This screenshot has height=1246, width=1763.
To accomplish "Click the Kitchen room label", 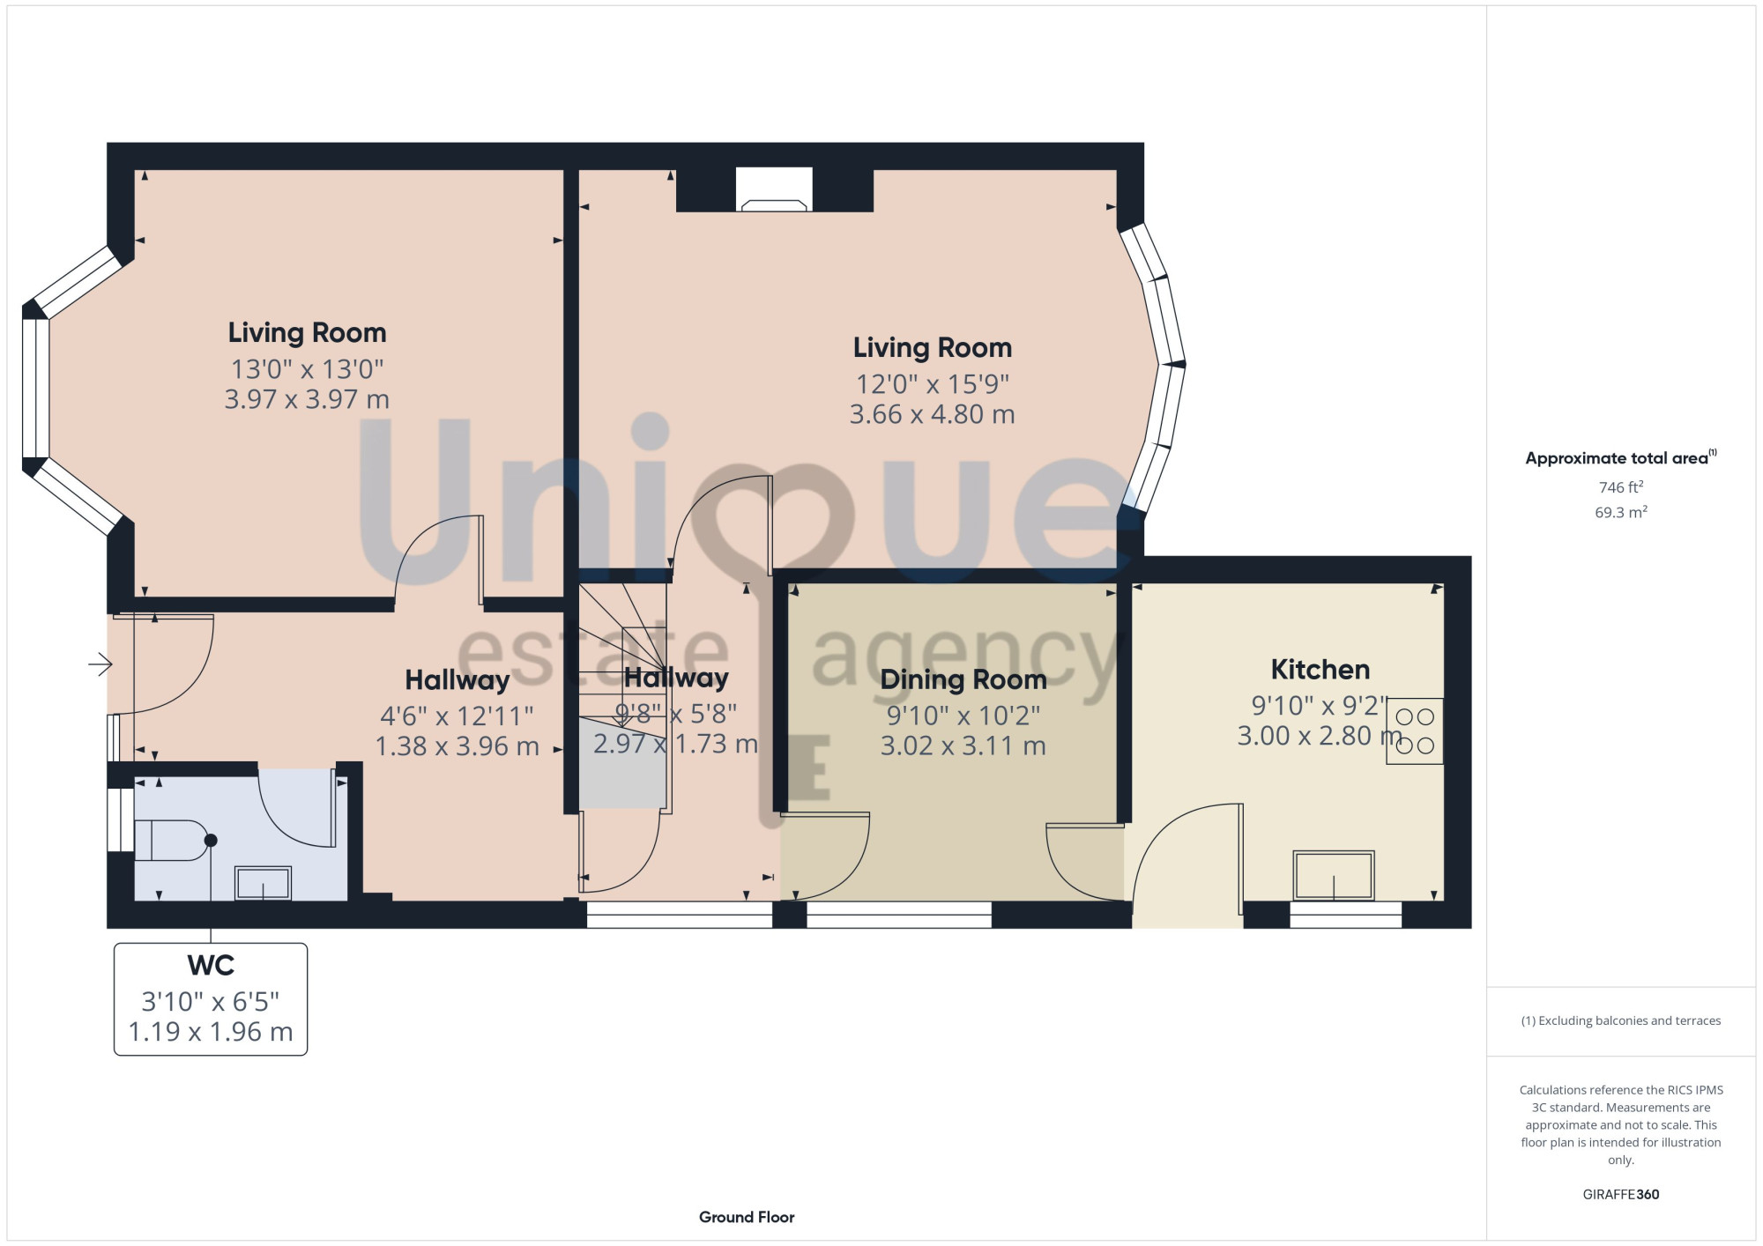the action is click(x=1320, y=670).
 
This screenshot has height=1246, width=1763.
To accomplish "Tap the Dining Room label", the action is click(x=963, y=679).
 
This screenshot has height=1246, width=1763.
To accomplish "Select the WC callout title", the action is click(x=211, y=966).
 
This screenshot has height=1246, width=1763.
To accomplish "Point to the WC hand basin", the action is click(x=263, y=883).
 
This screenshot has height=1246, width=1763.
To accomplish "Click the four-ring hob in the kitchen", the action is click(x=1415, y=731).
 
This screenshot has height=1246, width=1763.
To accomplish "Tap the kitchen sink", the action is click(x=1334, y=875).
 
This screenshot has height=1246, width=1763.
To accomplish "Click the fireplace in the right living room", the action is click(x=775, y=189).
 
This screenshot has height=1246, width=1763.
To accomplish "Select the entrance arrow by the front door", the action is click(x=100, y=664).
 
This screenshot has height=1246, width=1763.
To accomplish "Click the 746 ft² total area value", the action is click(x=1621, y=487).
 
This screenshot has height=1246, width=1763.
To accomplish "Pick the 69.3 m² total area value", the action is click(x=1621, y=512).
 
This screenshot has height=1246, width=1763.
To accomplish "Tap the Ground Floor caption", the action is click(x=747, y=1217).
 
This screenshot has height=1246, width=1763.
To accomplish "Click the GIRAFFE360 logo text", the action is click(x=1621, y=1195).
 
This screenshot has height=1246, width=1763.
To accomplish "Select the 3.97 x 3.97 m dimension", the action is click(x=307, y=399).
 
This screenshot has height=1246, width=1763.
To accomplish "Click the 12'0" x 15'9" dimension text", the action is click(x=933, y=384).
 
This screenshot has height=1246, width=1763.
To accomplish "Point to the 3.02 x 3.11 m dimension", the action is click(x=963, y=746).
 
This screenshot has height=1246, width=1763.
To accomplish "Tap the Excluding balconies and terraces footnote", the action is click(x=1621, y=1020).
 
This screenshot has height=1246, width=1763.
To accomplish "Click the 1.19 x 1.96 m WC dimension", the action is click(x=211, y=1032).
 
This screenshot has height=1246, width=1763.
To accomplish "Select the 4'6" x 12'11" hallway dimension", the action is click(x=457, y=716).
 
